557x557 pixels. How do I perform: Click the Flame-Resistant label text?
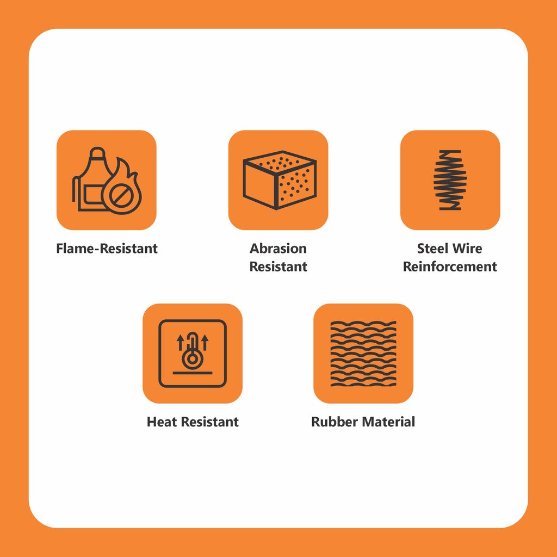107,248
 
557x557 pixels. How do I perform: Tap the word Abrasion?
278,248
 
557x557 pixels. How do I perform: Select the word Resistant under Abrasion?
278,267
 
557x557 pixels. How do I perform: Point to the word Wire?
469,248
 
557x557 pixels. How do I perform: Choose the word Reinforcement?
450,267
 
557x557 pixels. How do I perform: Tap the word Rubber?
335,422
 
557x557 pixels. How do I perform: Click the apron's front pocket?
94,195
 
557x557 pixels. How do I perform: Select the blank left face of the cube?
260,184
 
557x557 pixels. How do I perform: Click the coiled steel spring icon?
450,180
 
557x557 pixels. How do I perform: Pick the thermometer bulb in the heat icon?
193,358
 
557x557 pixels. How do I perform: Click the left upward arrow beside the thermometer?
181,342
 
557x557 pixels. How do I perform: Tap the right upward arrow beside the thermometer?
205,342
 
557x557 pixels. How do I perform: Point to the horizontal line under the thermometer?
193,373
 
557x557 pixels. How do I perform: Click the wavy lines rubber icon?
363,354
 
